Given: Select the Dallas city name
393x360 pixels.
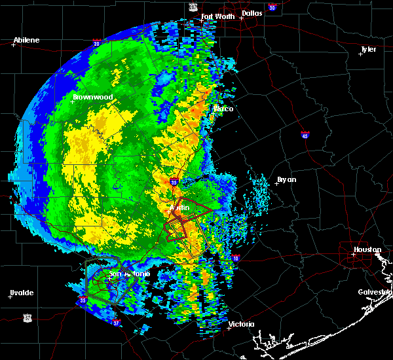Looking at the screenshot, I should point(253,12).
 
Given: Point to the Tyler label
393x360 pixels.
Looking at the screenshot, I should point(369,49).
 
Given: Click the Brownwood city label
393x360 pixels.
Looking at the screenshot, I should point(92,97).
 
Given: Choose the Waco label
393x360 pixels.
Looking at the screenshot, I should point(224,109).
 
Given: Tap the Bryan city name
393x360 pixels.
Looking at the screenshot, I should point(287,179).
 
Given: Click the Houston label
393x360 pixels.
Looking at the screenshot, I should point(368,250).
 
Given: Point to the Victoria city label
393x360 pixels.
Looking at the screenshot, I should point(240,324).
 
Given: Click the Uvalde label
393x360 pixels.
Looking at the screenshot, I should point(21,292).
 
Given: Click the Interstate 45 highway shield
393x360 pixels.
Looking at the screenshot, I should point(305,135).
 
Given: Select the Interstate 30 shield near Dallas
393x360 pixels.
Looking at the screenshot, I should point(272,7).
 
